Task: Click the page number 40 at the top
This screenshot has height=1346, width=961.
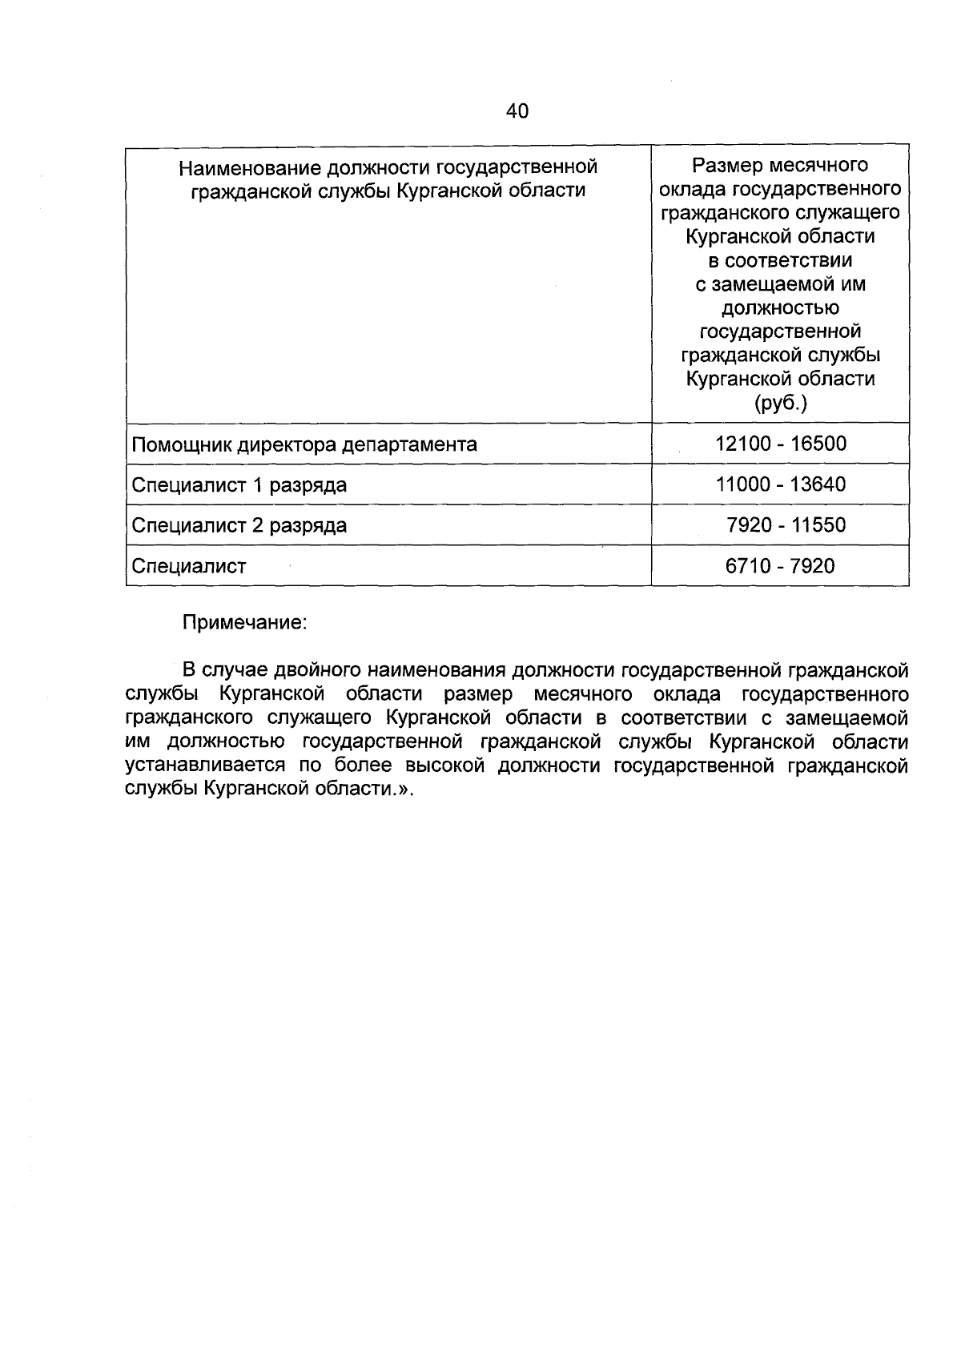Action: click(517, 111)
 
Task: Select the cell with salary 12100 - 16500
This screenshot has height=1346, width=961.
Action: click(780, 444)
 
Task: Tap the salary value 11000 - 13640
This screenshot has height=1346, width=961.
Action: click(780, 484)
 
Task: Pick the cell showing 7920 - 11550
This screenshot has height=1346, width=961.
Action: click(785, 525)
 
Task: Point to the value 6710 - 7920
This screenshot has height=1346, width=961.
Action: click(780, 566)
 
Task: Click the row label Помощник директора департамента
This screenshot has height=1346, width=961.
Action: click(304, 444)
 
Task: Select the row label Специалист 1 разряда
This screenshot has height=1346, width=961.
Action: click(239, 485)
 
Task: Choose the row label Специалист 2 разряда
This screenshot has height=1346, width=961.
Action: click(239, 526)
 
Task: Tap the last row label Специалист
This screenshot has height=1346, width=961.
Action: click(189, 567)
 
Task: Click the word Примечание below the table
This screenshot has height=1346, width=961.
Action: click(244, 622)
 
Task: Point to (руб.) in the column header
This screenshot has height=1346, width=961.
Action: click(780, 403)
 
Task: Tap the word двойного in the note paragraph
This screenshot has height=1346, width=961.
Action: click(317, 669)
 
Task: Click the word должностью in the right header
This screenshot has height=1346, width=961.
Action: click(780, 307)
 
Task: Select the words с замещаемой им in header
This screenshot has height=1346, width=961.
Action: click(780, 284)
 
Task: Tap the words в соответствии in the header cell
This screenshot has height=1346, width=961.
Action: click(780, 260)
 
